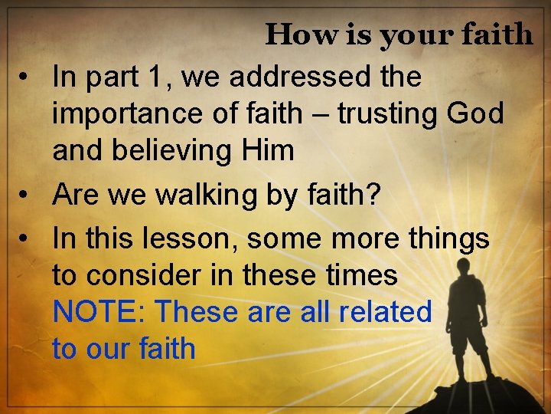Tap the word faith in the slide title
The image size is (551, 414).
[497, 34]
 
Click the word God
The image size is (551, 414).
[477, 113]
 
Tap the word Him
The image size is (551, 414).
[266, 150]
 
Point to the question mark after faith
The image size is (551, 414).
[371, 195]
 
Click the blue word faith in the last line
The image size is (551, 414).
[168, 349]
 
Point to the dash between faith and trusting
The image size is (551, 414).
[320, 114]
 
